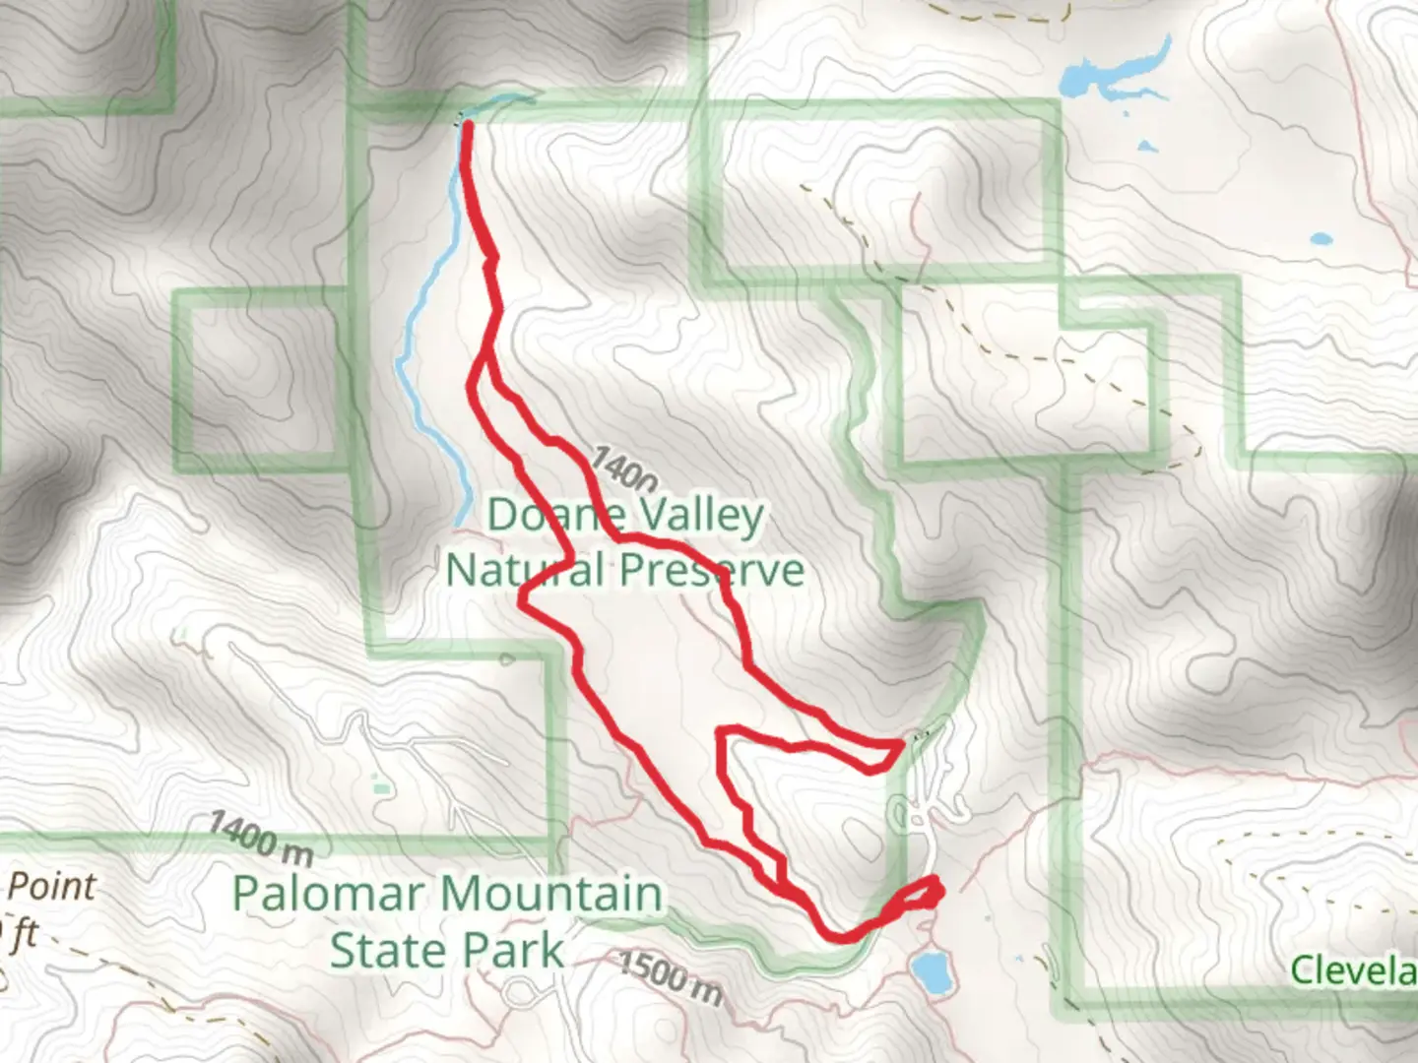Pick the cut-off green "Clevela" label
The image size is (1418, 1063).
(1353, 970)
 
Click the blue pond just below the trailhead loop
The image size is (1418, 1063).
(928, 970)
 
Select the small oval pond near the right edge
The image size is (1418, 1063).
(1321, 238)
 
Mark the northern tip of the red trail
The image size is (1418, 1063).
(466, 125)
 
